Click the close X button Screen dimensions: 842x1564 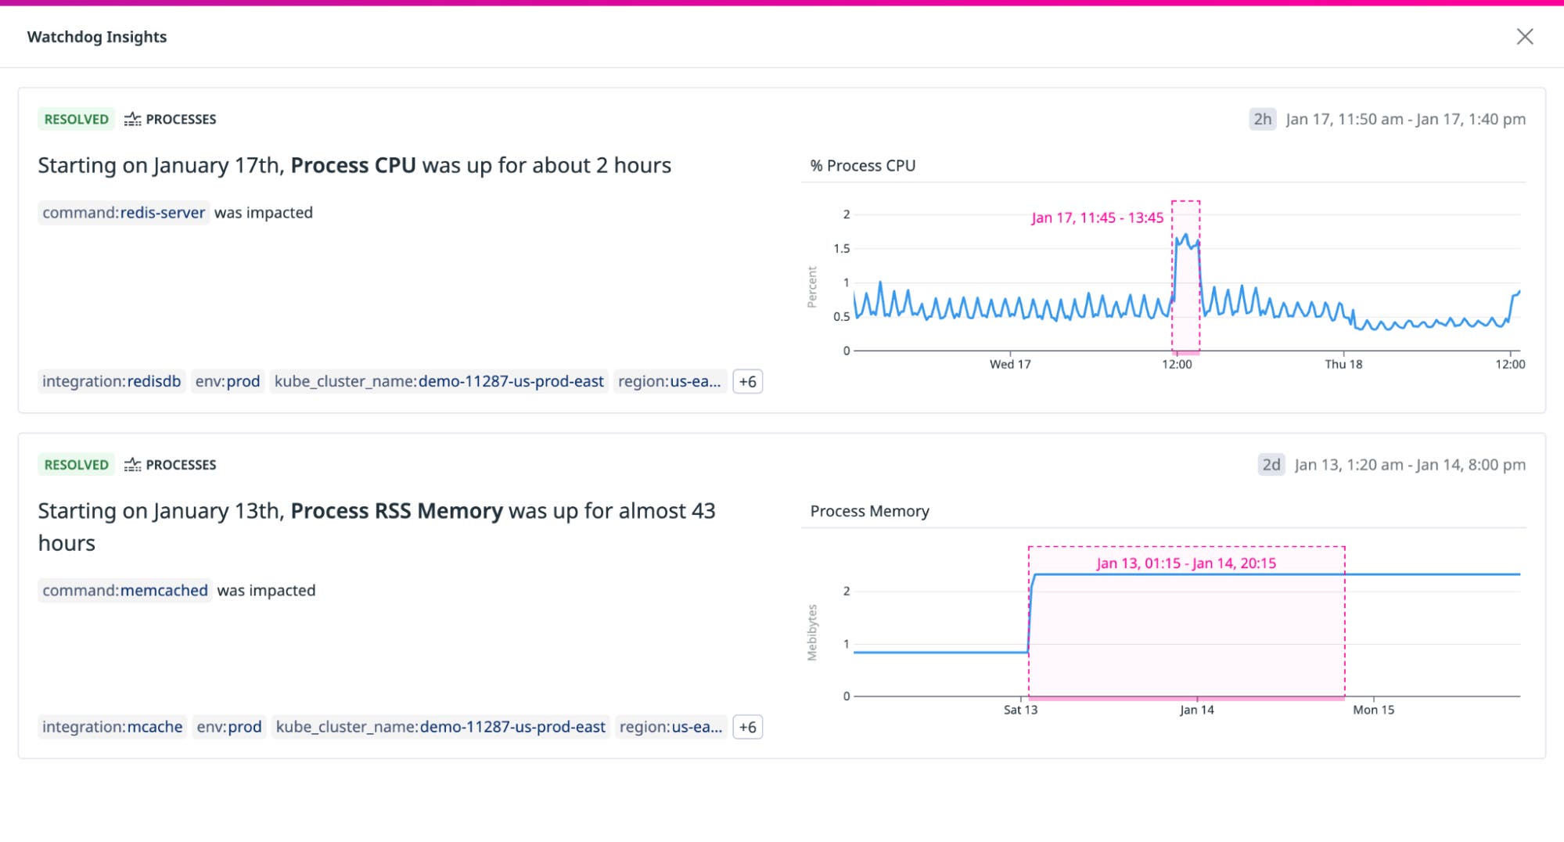point(1524,37)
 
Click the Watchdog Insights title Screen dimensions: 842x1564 point(97,37)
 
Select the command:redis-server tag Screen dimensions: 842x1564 point(124,213)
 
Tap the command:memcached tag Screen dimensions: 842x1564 point(125,590)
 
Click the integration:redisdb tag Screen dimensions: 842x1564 point(111,381)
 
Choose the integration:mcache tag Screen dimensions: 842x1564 point(112,727)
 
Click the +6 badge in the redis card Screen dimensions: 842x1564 point(747,382)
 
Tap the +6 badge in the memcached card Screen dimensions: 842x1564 point(747,727)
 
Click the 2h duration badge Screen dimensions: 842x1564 point(1262,119)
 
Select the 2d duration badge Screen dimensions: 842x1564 point(1271,465)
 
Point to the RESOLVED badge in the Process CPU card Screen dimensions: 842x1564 point(76,119)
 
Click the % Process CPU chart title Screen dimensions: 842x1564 point(862,166)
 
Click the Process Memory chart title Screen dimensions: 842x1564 point(869,511)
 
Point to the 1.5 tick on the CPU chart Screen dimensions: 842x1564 point(841,249)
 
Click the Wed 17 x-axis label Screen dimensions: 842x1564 point(1010,364)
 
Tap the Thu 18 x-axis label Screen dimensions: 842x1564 point(1343,364)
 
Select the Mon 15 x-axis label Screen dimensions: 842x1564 point(1373,710)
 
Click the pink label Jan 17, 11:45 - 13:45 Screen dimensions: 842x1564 point(1097,218)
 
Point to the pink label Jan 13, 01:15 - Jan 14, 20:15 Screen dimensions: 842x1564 point(1186,563)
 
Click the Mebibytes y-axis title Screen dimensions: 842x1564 point(812,632)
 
